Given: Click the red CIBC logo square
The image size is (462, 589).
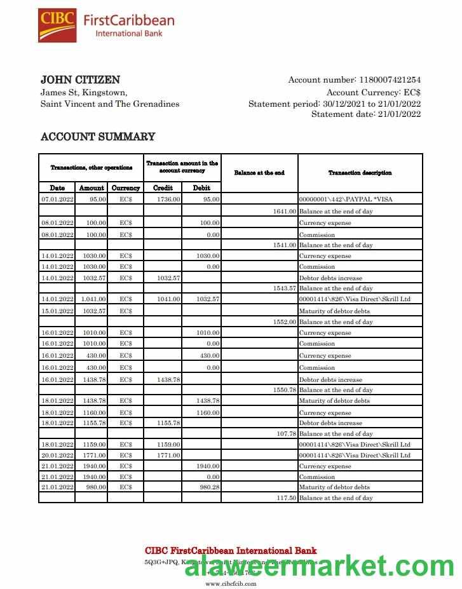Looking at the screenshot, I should (x=57, y=25).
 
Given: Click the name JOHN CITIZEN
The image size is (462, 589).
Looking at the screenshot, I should (x=80, y=80).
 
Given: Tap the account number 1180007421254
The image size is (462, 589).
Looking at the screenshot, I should (x=390, y=80).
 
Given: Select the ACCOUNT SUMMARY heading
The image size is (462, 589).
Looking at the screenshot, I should (x=98, y=137).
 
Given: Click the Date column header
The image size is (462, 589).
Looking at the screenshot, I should (x=57, y=188).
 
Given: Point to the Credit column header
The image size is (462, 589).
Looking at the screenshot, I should (x=163, y=188).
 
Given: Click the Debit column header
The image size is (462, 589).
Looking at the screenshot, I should (x=201, y=188).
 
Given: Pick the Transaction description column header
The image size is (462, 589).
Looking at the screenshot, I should (x=360, y=173).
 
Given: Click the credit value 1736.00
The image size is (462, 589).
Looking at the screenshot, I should (x=169, y=200).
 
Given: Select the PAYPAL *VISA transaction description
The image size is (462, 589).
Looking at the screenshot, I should (x=346, y=200).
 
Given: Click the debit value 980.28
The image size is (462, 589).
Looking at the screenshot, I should (x=209, y=487).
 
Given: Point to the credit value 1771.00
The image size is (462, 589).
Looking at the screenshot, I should (x=169, y=456).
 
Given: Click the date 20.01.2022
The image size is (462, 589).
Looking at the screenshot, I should (x=57, y=456).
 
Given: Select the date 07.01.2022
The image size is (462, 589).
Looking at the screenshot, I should (x=57, y=200).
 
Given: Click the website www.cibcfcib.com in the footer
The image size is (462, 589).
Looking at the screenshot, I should (x=231, y=583).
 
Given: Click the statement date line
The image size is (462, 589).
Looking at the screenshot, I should (x=366, y=114).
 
